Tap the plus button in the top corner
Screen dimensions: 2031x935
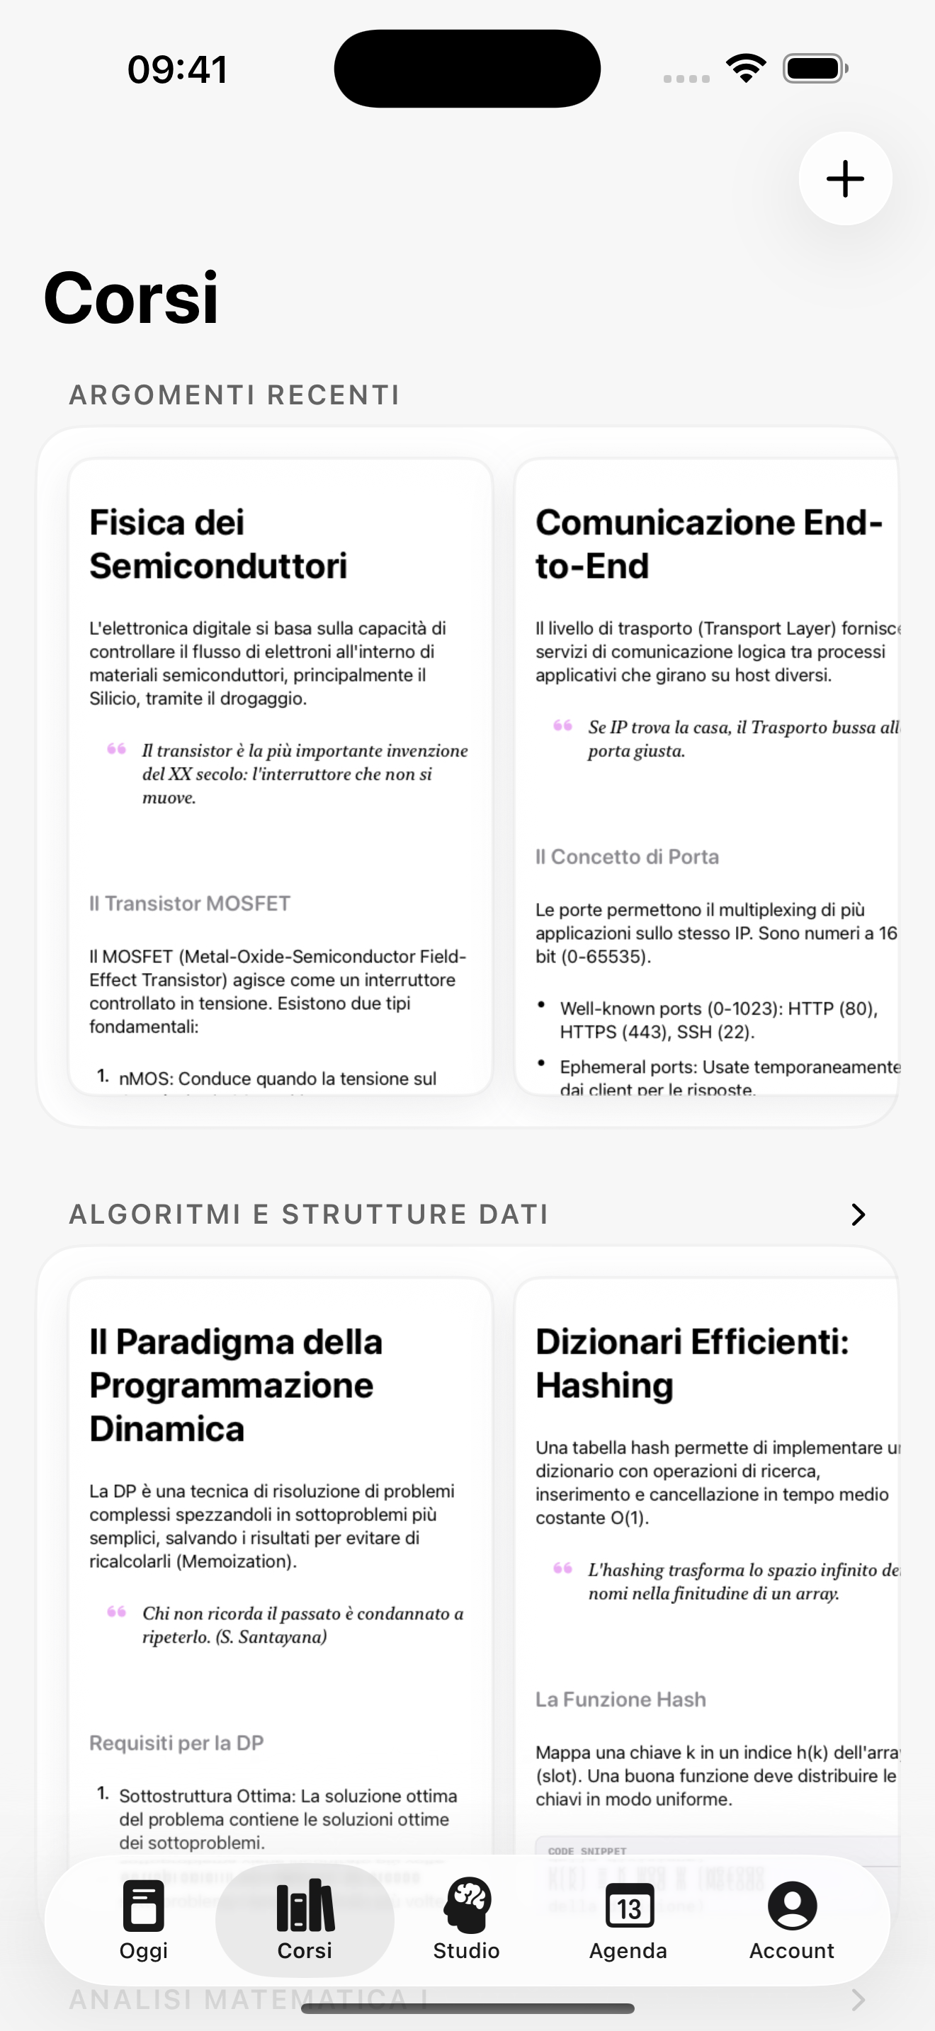845,179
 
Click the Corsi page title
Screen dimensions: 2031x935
131,298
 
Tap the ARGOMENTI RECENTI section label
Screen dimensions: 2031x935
234,394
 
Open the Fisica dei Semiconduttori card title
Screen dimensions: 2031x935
218,544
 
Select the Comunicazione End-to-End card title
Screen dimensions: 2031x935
708,544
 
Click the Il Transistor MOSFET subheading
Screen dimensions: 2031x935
190,904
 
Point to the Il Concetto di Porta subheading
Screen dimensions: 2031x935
627,857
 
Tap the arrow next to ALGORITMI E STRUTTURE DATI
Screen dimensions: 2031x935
858,1214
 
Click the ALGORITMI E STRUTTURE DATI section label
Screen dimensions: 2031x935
308,1214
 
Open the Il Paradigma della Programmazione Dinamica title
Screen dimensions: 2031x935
236,1385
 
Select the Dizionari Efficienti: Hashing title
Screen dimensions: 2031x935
691,1363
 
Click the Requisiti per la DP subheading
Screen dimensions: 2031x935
176,1743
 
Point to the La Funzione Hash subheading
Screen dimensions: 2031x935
620,1700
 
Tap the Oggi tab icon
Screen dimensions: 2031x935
144,1906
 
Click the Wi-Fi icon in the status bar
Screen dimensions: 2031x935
746,69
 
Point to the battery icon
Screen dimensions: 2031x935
815,69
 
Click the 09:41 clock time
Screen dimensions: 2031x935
177,69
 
